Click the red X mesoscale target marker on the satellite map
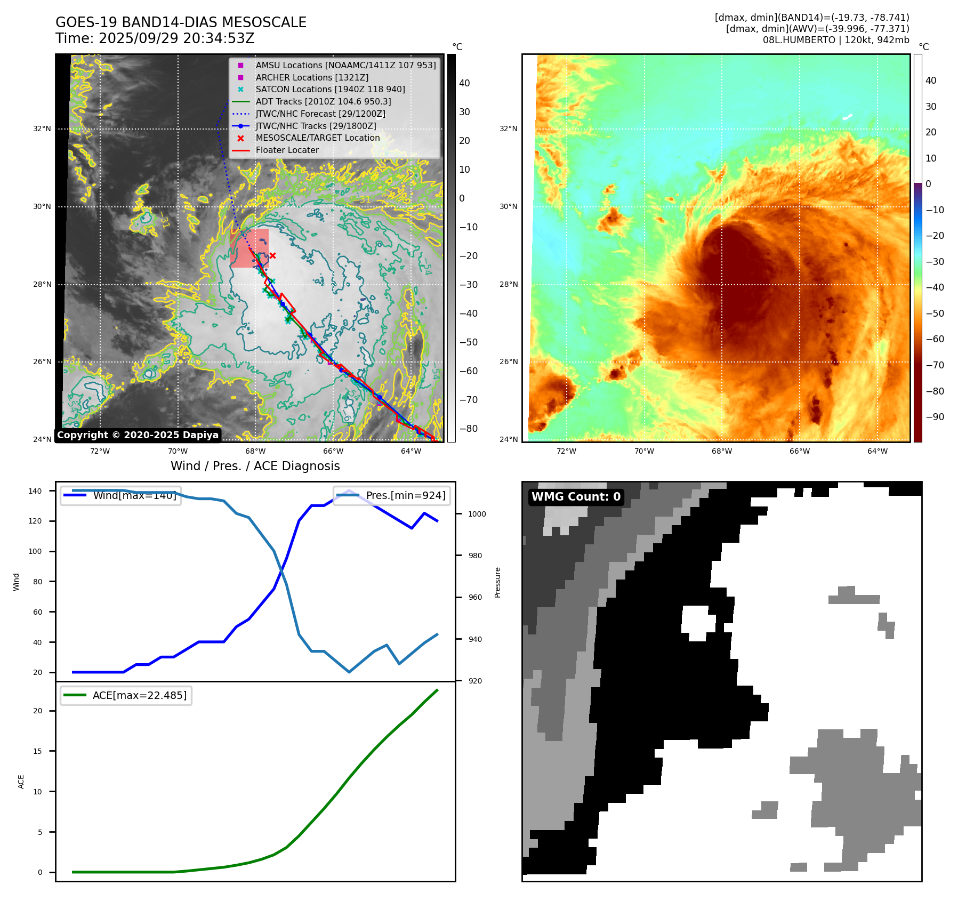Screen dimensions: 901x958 tap(272, 256)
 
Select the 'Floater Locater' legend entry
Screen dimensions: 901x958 tap(287, 150)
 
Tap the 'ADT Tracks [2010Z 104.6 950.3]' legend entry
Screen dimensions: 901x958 tap(323, 101)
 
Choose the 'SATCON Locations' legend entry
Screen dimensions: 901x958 tap(330, 90)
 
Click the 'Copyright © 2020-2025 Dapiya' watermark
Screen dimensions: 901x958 tap(138, 435)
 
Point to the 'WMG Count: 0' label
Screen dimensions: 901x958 tap(576, 497)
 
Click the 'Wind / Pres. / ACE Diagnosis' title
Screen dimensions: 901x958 tap(255, 466)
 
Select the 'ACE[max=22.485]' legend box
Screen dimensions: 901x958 tap(126, 696)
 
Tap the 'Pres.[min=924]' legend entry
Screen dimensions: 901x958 tap(392, 496)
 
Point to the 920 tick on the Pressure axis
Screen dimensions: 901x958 tap(474, 681)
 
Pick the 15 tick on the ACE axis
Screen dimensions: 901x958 tap(38, 751)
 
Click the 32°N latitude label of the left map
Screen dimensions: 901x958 tap(42, 128)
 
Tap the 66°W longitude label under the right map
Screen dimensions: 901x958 tap(799, 451)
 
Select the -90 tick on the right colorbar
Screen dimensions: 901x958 tap(935, 417)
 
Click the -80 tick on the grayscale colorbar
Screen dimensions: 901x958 tap(469, 429)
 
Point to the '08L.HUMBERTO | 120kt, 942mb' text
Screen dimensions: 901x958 tap(836, 40)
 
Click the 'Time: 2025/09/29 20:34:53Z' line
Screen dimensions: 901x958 tap(155, 38)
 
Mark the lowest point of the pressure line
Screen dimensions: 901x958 tap(349, 672)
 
